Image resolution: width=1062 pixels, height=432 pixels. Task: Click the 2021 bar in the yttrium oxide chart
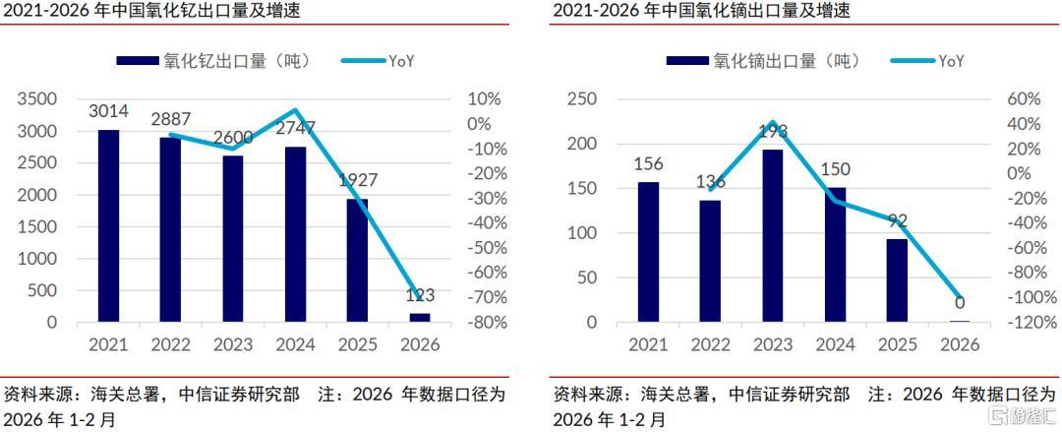pos(108,225)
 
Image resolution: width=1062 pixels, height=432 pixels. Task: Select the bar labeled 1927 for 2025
pos(357,260)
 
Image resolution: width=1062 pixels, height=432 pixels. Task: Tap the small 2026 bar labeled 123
pos(420,317)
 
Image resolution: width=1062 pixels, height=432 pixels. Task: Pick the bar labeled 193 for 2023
pos(773,235)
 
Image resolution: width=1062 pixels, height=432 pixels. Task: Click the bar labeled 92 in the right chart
pos(897,280)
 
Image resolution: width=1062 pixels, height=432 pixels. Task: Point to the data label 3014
pos(108,110)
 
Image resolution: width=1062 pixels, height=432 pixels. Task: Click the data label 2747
pos(295,128)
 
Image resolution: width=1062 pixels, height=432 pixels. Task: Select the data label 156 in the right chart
pos(647,164)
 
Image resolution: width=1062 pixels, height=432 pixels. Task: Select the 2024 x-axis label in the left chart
pos(295,345)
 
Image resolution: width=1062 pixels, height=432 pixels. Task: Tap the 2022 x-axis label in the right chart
pos(710,345)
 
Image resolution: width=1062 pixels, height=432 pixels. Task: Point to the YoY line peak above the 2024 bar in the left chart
pos(295,109)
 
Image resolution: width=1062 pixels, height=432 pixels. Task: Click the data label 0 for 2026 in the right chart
pos(959,303)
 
